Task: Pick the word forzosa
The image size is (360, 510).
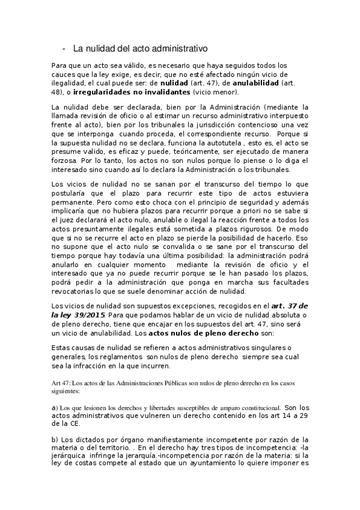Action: coord(67,161)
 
